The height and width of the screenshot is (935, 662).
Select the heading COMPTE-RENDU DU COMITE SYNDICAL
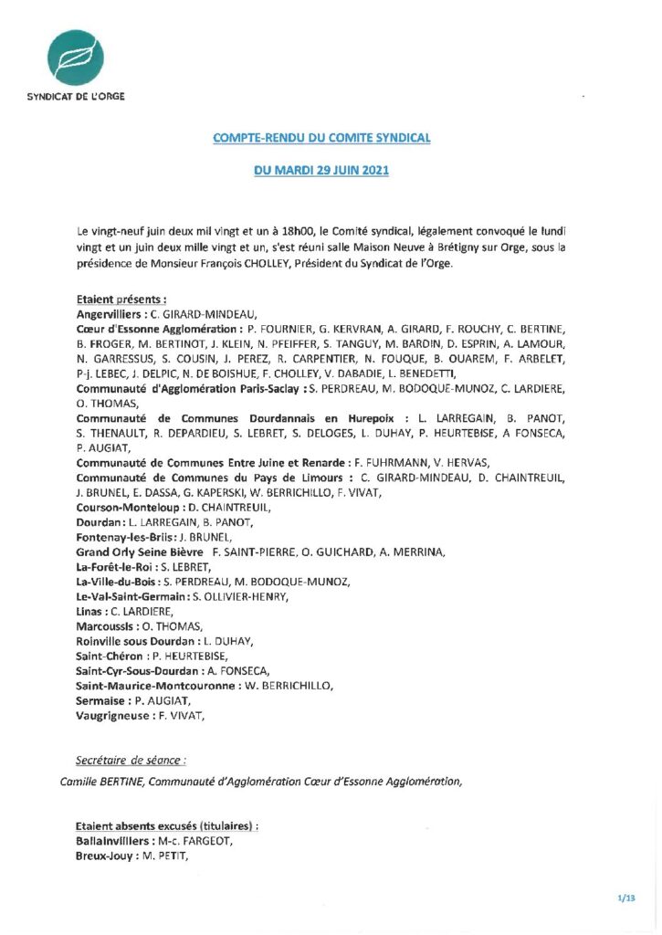[x=320, y=138]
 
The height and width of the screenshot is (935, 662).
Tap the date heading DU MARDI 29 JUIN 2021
[x=320, y=171]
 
